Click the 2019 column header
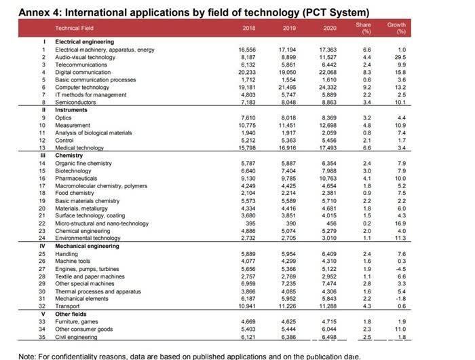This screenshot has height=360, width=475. pos(290,28)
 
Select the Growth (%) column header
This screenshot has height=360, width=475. pos(401,28)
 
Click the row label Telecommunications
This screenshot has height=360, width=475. pos(79,65)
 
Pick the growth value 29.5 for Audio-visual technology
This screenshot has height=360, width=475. pos(401,57)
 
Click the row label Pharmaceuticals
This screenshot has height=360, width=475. pos(75,179)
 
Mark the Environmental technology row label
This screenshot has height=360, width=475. pos(87,238)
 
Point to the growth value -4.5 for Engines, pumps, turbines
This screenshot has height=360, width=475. pos(401,268)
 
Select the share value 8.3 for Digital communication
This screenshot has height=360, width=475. pos(367,72)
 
